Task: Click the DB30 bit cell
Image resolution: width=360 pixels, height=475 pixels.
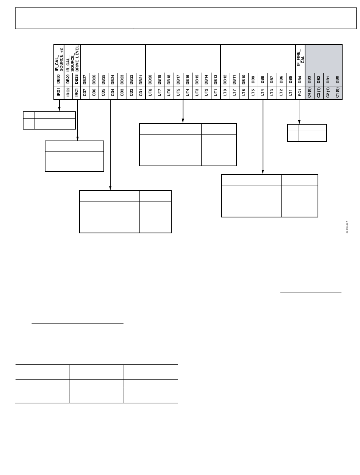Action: pyautogui.click(x=59, y=79)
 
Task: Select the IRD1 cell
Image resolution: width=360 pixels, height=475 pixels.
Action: pyautogui.click(x=59, y=92)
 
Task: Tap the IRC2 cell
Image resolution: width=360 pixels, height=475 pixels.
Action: pyautogui.click(x=68, y=92)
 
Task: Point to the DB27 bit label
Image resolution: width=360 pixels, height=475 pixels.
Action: pyautogui.click(x=85, y=79)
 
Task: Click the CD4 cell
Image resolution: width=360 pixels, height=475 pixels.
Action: pyautogui.click(x=113, y=92)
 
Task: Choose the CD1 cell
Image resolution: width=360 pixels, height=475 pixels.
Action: pyautogui.click(x=141, y=92)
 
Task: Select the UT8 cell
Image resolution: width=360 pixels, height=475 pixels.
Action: pyautogui.click(x=150, y=92)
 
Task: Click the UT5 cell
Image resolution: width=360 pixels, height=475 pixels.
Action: pyautogui.click(x=178, y=92)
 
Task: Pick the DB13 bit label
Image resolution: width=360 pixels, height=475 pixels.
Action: pyautogui.click(x=216, y=79)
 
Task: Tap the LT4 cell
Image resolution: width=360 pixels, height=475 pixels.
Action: pyautogui.click(x=263, y=92)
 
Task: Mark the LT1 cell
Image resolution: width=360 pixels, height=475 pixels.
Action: pyautogui.click(x=291, y=92)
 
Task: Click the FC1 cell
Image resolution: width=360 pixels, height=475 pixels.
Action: pyautogui.click(x=300, y=92)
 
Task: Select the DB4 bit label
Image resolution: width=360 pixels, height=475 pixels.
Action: pyautogui.click(x=300, y=79)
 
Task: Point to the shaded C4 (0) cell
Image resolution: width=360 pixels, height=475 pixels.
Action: pyautogui.click(x=310, y=92)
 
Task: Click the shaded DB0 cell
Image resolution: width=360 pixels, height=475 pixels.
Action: pyautogui.click(x=337, y=79)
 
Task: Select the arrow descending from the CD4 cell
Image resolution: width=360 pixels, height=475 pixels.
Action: pyautogui.click(x=110, y=144)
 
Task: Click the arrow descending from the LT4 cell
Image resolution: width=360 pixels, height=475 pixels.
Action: pyautogui.click(x=263, y=136)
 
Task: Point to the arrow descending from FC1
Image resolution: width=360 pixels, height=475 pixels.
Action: pyautogui.click(x=299, y=112)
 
